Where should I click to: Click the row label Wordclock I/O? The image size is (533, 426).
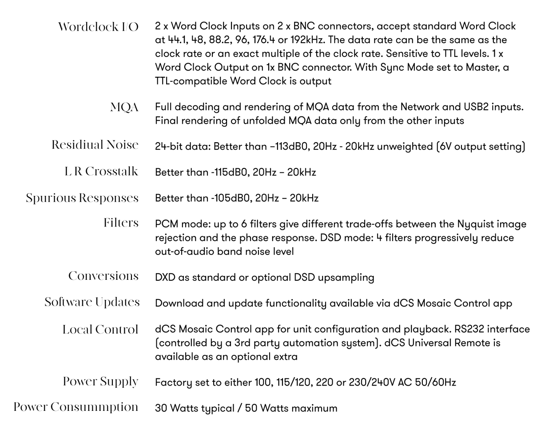pyautogui.click(x=98, y=27)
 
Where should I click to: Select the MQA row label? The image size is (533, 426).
pyautogui.click(x=124, y=107)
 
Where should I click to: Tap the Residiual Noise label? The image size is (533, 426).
pyautogui.click(x=95, y=145)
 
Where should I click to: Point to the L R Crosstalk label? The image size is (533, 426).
pyautogui.click(x=101, y=171)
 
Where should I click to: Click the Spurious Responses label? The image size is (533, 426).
pyautogui.click(x=82, y=198)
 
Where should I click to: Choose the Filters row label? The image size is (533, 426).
pyautogui.click(x=121, y=223)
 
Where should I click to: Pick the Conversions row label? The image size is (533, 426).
pyautogui.click(x=103, y=276)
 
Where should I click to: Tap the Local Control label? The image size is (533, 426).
pyautogui.click(x=100, y=330)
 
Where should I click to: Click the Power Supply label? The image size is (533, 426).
pyautogui.click(x=100, y=382)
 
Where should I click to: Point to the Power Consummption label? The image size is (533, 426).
pyautogui.click(x=76, y=407)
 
